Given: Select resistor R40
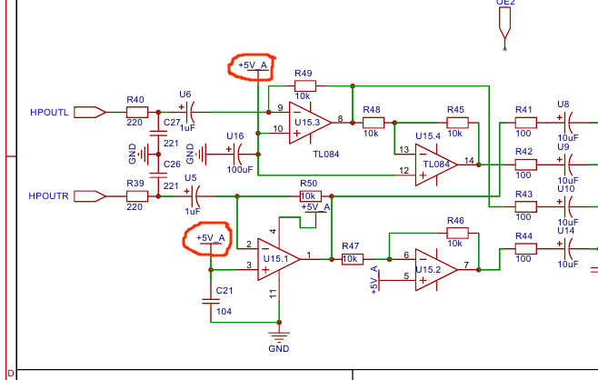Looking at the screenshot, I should pyautogui.click(x=136, y=112).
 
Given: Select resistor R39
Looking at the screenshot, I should pyautogui.click(x=136, y=195).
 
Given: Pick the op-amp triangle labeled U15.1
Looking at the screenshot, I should pyautogui.click(x=278, y=257).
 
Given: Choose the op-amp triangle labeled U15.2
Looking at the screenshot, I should pyautogui.click(x=434, y=269).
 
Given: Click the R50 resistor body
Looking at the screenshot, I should pyautogui.click(x=309, y=195).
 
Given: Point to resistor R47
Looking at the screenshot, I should pyautogui.click(x=352, y=259).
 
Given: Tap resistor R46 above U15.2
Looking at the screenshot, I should pyautogui.click(x=456, y=233).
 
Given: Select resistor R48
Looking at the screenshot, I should pyautogui.click(x=372, y=122).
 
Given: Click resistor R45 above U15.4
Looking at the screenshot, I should pyautogui.click(x=456, y=122).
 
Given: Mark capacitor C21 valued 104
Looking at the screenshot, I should pyautogui.click(x=212, y=297).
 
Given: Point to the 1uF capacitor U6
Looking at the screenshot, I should pyautogui.click(x=189, y=112).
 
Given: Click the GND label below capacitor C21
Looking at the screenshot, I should pyautogui.click(x=279, y=348).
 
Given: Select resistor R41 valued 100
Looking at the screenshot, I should pyautogui.click(x=524, y=122).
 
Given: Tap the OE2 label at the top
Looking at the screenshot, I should pyautogui.click(x=505, y=4).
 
